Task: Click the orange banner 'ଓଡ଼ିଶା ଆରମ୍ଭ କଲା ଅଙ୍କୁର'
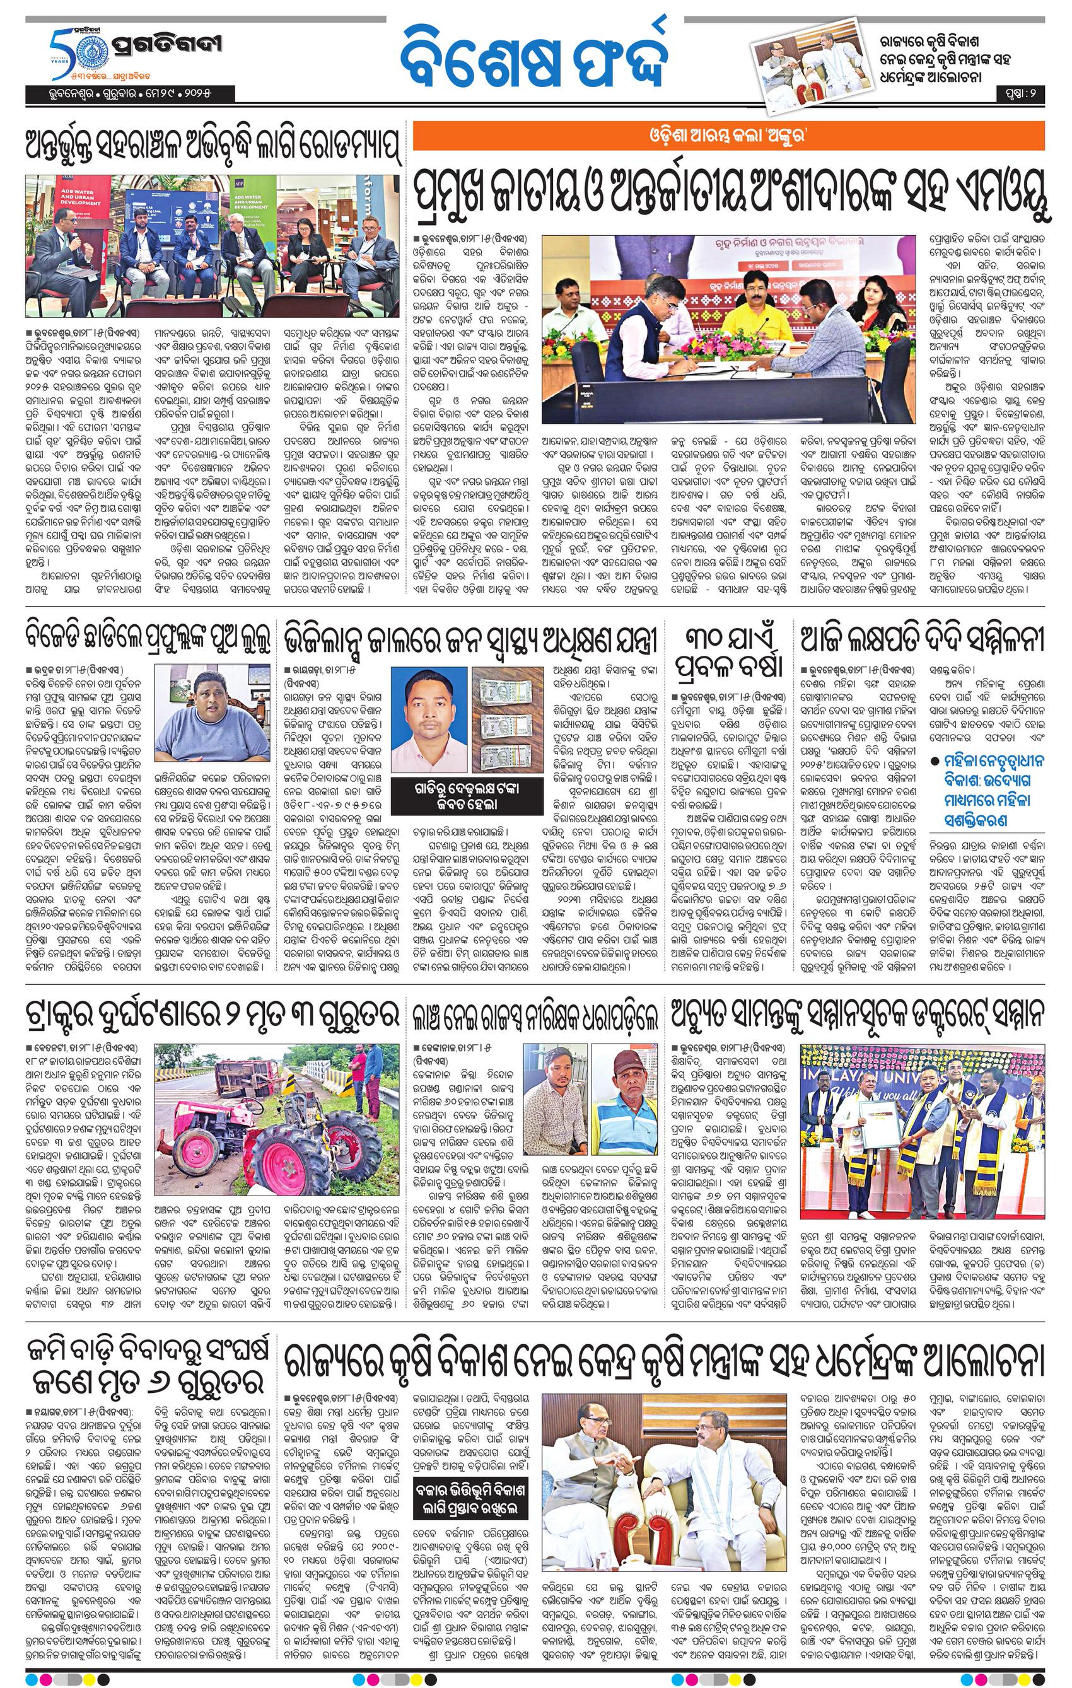tap(728, 136)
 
